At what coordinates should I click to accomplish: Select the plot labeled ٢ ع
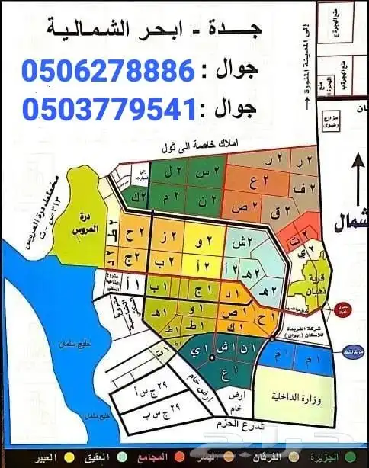pyautogui.click(x=255, y=184)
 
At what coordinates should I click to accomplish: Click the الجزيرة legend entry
pyautogui.click(x=342, y=457)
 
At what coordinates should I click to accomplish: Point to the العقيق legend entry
pyautogui.click(x=101, y=457)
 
